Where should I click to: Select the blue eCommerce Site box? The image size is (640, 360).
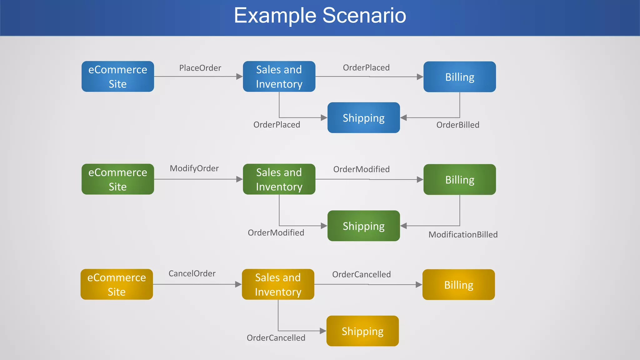coord(118,77)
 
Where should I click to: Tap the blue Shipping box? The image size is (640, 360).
coord(363,118)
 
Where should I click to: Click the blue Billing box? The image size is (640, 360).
coord(459,77)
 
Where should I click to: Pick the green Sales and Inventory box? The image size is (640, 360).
coord(279,179)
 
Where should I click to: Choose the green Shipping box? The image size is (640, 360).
coord(363,226)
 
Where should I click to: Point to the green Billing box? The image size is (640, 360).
coord(459,180)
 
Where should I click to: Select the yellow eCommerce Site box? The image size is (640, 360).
coord(117,284)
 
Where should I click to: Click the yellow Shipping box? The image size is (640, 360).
coord(362,331)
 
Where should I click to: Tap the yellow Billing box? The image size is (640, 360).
coord(458,285)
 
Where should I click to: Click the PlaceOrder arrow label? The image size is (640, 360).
coord(200,68)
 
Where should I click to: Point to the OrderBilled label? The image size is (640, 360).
coord(457,125)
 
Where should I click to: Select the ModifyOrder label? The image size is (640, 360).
coord(194,168)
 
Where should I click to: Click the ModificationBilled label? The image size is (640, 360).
coord(463,235)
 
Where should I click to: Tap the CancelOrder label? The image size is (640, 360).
coord(192,274)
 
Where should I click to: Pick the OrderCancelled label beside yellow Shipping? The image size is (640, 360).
coord(276,338)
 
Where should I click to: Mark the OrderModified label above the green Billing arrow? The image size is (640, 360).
coord(361,169)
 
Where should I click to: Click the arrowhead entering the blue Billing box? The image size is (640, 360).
coord(420,77)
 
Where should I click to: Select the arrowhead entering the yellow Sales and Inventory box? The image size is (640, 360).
coord(238,284)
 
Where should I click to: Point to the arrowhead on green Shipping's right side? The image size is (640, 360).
coord(403,226)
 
